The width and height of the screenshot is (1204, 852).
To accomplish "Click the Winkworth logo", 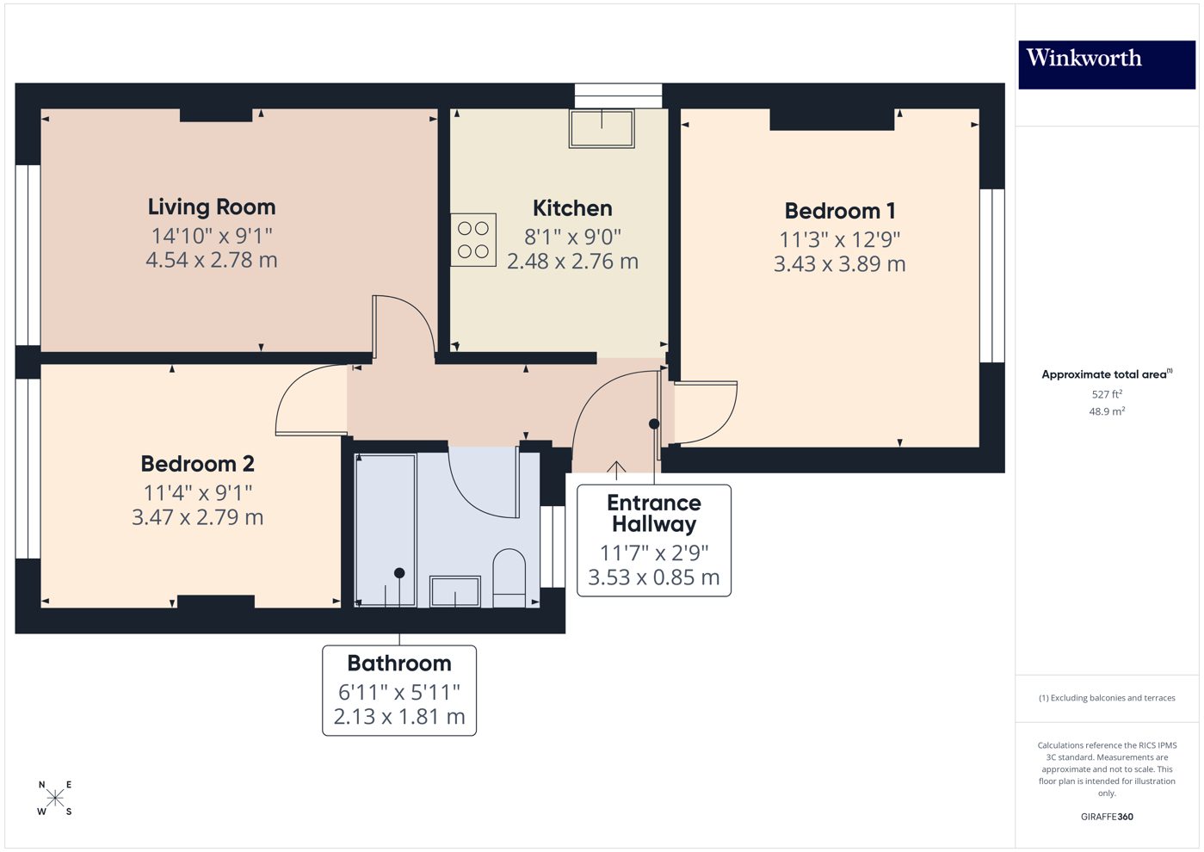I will (1106, 64).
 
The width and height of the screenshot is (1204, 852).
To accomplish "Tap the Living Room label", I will (212, 207).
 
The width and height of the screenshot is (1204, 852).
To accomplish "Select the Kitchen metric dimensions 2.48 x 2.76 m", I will (572, 262).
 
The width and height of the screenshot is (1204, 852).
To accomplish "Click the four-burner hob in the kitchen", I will (473, 240).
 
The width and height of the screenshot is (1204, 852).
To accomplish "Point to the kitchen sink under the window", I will (602, 128).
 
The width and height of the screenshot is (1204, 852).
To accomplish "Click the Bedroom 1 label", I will (839, 211).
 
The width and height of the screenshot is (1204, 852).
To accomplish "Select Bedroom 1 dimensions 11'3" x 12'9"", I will (839, 239).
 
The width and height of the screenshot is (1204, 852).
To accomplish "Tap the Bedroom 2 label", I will (197, 464).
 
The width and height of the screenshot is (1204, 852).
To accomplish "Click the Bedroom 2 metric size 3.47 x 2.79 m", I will (197, 517).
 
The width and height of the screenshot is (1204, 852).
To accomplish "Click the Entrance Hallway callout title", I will (653, 514).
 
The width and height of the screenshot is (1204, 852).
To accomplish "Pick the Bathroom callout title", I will (399, 664).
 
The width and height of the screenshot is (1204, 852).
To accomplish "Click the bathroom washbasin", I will (454, 591).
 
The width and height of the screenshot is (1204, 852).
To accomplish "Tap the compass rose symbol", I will (55, 799).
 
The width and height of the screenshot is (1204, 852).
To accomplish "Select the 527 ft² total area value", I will (1107, 394).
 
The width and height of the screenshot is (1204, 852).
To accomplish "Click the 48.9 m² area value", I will (1107, 411).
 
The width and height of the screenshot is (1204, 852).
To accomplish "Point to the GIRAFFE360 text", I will (1107, 817).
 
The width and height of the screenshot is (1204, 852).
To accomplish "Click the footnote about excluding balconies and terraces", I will (1107, 698).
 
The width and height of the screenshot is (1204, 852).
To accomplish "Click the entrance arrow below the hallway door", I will (616, 469).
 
